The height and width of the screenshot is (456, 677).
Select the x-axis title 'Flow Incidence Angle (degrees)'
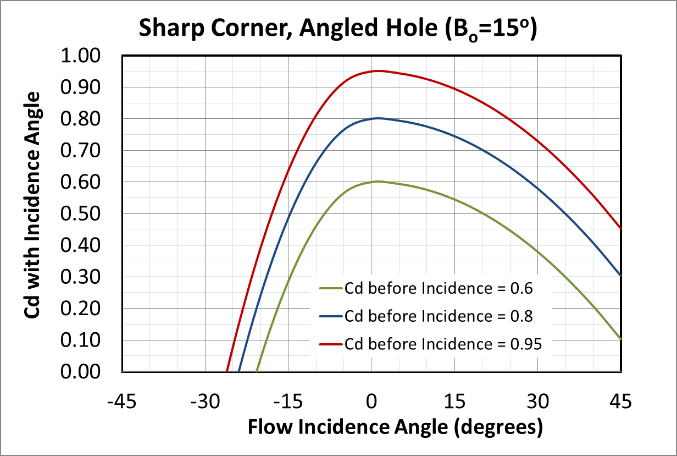[x=395, y=427]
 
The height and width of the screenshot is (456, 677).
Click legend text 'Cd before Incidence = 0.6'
[x=438, y=287]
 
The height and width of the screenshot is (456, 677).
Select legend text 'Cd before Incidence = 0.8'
[x=438, y=316]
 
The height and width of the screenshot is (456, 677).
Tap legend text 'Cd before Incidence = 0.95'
[x=443, y=344]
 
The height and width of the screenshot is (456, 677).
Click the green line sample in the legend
[x=330, y=287]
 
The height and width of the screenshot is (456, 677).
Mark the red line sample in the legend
[x=330, y=344]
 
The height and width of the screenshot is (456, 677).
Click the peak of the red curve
[x=378, y=70]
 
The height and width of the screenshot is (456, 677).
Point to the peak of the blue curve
[x=378, y=118]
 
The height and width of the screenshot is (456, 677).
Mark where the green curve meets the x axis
[x=257, y=372]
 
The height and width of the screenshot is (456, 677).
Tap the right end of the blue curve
[x=621, y=276]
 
